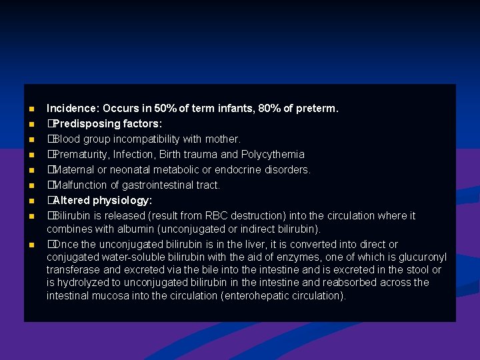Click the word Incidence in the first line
click(x=70, y=108)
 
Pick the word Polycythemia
click(x=273, y=154)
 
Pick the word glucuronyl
click(x=419, y=257)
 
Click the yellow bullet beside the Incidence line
click(x=31, y=109)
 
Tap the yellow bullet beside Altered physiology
click(x=31, y=201)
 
